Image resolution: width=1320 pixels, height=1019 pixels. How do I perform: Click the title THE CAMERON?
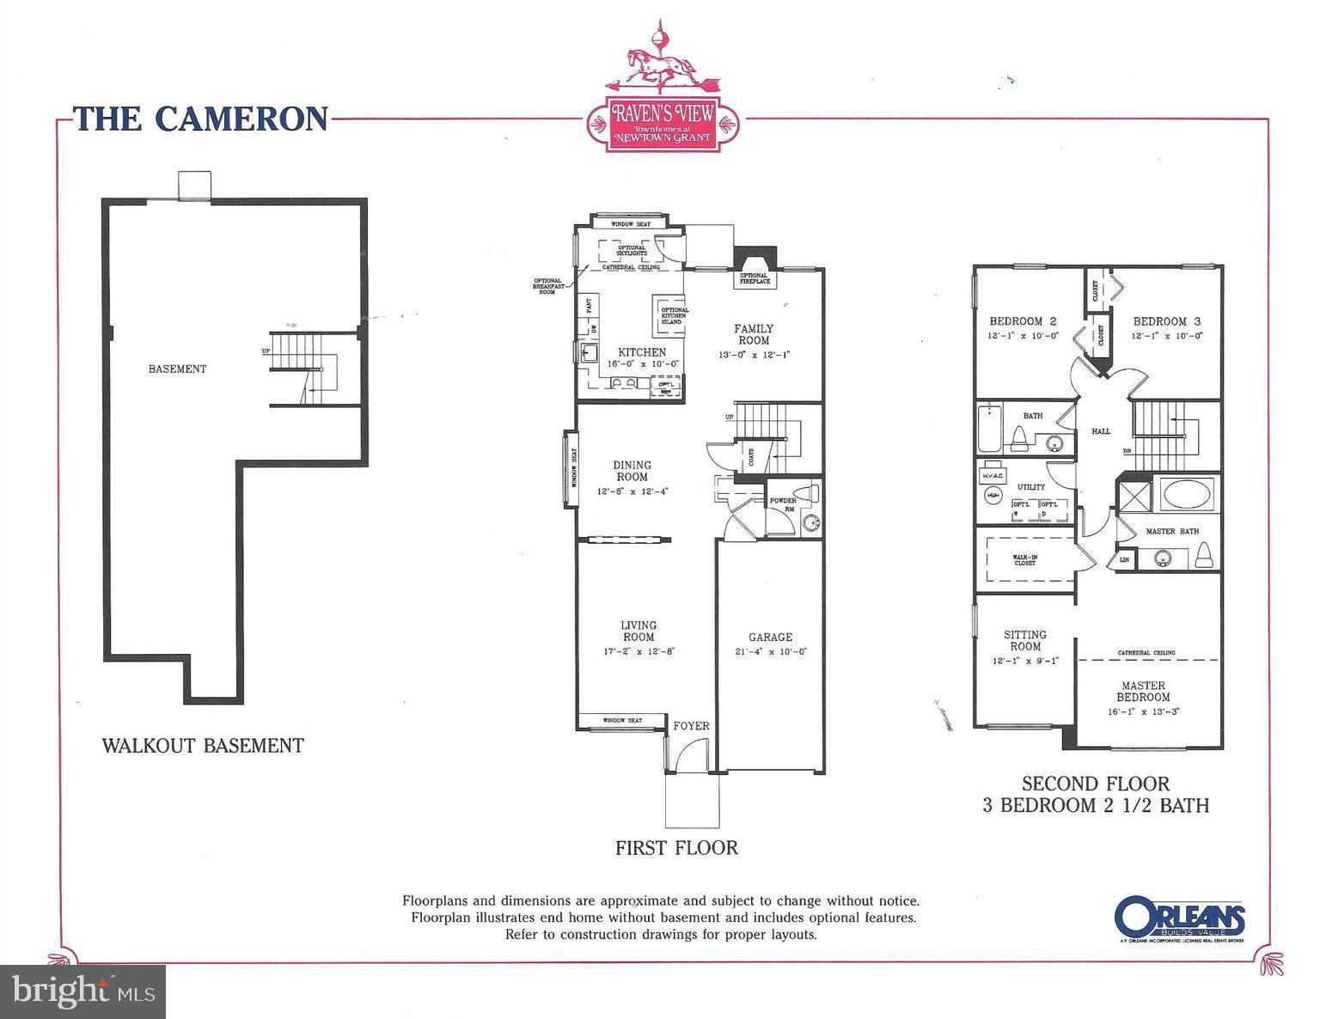(200, 119)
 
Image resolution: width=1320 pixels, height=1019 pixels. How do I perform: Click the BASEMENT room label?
(177, 369)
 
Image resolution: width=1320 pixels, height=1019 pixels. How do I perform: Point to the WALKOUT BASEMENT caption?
(203, 745)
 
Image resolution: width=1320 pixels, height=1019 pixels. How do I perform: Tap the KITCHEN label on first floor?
(642, 352)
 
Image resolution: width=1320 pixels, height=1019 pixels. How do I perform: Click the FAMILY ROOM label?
(753, 334)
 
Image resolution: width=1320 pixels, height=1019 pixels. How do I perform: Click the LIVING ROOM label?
(639, 631)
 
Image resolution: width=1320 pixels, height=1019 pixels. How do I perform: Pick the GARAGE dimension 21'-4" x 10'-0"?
(770, 651)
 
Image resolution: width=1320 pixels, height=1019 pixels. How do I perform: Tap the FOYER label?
(691, 726)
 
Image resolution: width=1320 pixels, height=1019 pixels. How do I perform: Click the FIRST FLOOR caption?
(676, 847)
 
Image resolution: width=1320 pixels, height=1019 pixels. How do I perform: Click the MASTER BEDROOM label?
(1142, 691)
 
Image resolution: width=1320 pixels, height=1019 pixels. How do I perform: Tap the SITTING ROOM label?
(1024, 640)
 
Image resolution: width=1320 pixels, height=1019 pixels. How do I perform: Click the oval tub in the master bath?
(1188, 497)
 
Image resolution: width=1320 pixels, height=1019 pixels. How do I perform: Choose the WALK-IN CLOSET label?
(1024, 560)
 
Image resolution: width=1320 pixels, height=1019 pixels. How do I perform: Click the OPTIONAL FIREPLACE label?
(754, 278)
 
